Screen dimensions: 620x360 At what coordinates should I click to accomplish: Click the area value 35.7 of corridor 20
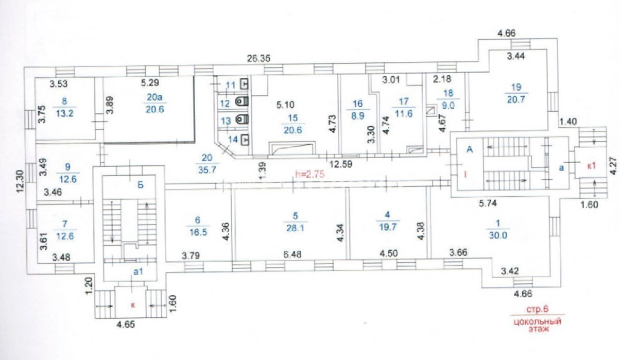[207, 170]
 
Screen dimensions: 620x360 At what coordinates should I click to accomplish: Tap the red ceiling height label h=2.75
[309, 174]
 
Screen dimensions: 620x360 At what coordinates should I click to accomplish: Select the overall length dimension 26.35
[259, 58]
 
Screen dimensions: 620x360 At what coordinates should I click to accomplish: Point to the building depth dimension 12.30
[20, 181]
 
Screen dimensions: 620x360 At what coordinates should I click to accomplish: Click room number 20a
[154, 97]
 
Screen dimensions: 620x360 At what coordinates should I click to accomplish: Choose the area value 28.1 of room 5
[296, 228]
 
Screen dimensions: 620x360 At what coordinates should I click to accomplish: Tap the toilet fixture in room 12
[242, 102]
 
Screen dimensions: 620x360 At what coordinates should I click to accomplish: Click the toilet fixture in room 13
[242, 119]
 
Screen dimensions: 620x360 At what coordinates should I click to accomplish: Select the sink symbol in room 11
[245, 84]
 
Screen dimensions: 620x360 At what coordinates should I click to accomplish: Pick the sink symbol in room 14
[245, 140]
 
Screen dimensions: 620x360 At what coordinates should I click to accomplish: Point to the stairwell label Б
[141, 185]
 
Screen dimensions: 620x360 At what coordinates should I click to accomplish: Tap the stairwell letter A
[470, 149]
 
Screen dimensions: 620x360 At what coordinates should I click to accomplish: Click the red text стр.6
[538, 309]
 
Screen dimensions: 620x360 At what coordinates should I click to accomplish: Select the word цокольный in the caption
[538, 322]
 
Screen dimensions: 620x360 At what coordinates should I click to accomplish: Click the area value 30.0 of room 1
[498, 235]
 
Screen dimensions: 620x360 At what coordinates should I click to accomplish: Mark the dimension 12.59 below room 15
[341, 164]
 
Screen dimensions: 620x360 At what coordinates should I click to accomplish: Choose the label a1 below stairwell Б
[138, 271]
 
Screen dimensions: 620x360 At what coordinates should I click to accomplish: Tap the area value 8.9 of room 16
[357, 116]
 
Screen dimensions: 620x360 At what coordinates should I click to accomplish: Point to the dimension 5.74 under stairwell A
[488, 203]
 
